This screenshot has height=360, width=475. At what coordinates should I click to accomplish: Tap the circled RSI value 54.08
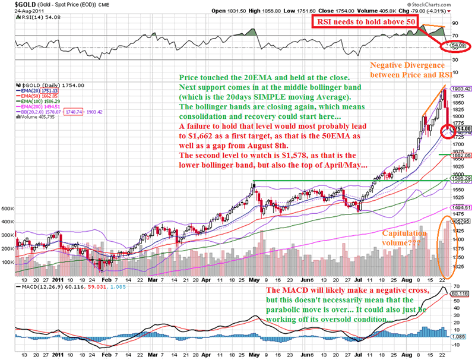pos(456,46)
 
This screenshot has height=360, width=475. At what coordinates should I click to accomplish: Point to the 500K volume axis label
pos(8,209)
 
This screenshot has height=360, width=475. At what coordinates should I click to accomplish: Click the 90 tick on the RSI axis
pos(455,23)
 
